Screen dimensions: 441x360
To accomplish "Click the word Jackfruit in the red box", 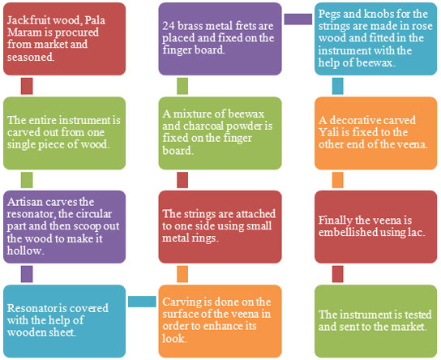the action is coord(28,20).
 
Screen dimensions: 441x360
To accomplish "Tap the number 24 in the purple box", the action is coord(168,26).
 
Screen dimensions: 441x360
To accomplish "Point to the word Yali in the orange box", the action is coord(328,132).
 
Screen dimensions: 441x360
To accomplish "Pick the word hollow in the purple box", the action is coord(26,251).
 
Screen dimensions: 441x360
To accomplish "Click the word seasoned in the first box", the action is coord(31,57).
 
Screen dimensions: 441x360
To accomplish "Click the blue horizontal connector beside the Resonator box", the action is coord(142,302).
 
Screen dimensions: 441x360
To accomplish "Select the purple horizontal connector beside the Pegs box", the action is coord(298,19).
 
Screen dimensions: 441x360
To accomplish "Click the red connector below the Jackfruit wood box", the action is coord(27,86).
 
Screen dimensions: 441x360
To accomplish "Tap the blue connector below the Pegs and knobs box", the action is coord(337,86).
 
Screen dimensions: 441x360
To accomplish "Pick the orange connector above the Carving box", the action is coord(182,274).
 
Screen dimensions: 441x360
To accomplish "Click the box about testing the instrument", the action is coord(375,321).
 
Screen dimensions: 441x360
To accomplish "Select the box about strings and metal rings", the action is coord(220,227).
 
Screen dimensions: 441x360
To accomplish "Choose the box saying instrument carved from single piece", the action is coord(64,133).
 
